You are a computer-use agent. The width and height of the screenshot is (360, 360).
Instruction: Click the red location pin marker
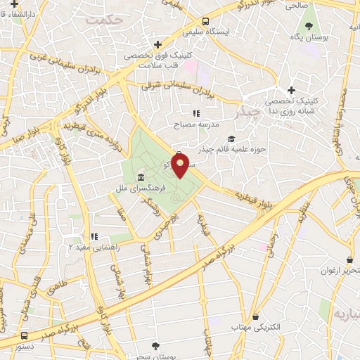(181, 167)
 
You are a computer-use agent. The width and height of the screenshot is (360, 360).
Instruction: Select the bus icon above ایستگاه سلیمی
(205, 21)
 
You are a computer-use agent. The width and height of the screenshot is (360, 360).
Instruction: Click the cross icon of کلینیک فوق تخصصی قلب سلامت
(158, 44)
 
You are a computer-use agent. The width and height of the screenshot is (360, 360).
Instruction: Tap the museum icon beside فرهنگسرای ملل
(142, 176)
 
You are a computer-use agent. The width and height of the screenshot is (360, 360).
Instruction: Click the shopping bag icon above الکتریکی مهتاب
(255, 317)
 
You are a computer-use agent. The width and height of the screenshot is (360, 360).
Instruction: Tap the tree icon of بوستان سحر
(155, 345)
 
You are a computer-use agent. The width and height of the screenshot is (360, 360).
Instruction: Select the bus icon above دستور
(25, 336)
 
